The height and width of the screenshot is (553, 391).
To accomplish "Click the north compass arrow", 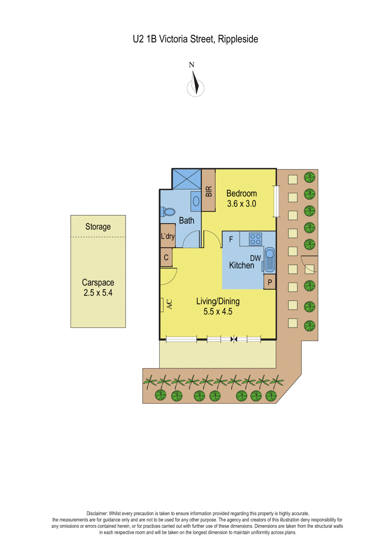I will (x=195, y=83).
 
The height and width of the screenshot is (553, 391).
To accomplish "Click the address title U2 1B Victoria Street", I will (x=195, y=39).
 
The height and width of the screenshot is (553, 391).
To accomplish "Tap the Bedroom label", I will (x=241, y=194).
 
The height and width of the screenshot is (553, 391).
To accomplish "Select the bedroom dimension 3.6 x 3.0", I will (x=241, y=204).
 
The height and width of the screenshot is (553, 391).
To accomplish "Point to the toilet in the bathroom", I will (x=168, y=212).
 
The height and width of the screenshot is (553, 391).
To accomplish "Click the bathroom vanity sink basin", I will (x=196, y=201).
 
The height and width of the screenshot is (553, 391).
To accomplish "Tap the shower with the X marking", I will (x=187, y=179).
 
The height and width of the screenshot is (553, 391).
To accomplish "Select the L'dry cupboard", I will (x=168, y=236).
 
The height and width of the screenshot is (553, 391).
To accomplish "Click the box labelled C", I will (x=166, y=257).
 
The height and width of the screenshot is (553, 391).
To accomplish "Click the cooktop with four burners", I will (x=255, y=239).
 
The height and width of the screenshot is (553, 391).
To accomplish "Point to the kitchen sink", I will (x=269, y=260).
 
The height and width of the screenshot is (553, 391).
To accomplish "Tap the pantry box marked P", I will (x=270, y=282).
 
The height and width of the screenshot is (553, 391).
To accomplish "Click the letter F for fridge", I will (x=231, y=239).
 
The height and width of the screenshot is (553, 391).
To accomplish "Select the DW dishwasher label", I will (x=255, y=258).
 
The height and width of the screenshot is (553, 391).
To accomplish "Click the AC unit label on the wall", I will (x=169, y=304).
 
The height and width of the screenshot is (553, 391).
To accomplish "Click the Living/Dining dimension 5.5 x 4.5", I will (x=218, y=311).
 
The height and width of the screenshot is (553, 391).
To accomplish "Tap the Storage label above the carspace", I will (x=98, y=227).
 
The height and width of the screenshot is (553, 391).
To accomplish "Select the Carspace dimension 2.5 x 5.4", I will (x=98, y=293).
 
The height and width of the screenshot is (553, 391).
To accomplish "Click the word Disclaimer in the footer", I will (x=97, y=514).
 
